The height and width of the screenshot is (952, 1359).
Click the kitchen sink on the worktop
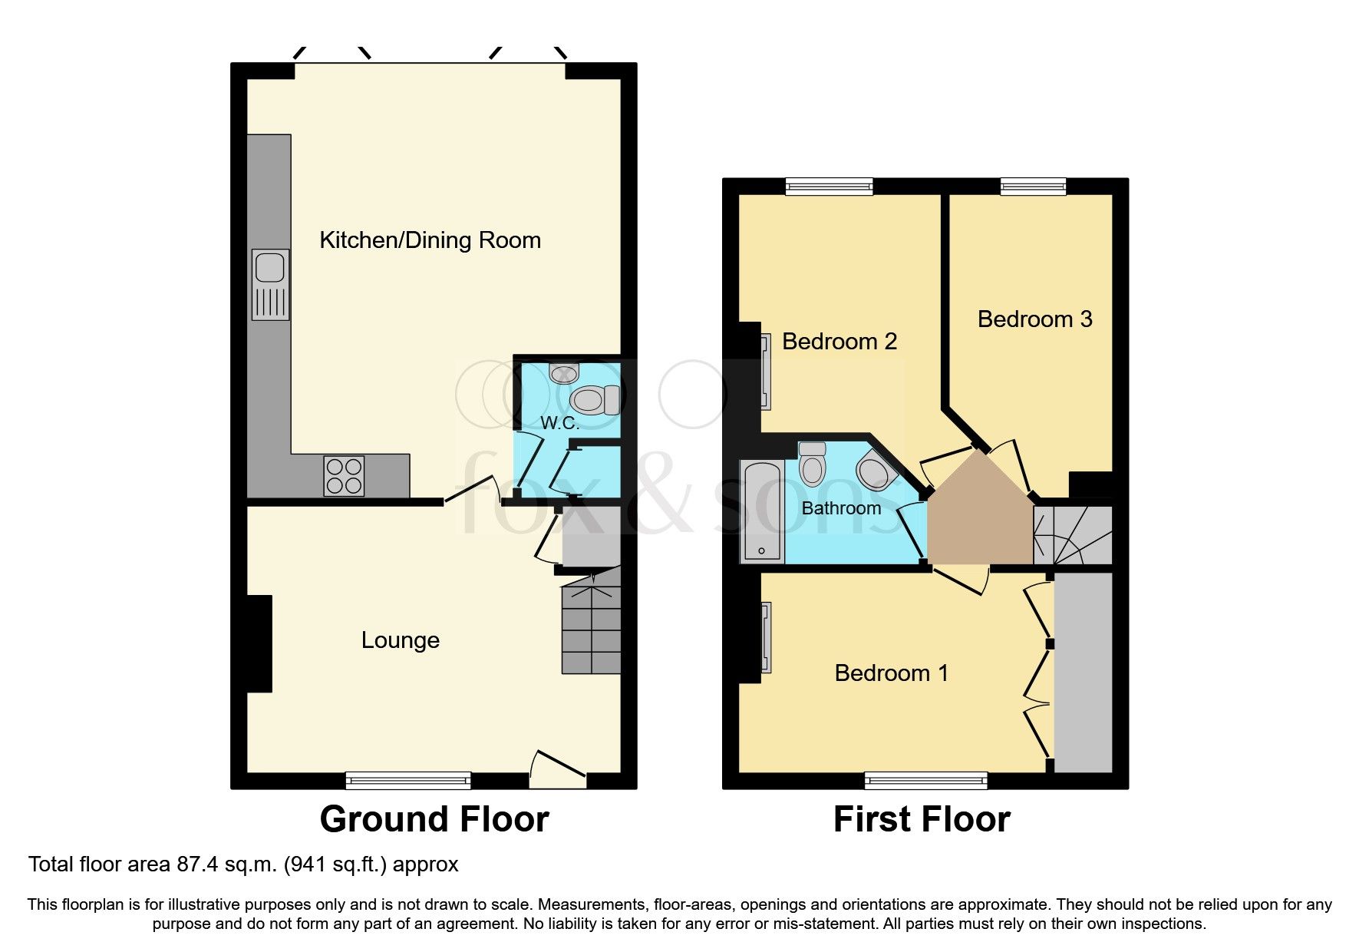(270, 283)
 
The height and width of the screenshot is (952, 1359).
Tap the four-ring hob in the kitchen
(344, 475)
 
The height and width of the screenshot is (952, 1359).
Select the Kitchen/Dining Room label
(430, 240)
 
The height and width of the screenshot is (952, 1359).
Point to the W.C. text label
(559, 423)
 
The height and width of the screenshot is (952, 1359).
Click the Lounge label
(400, 640)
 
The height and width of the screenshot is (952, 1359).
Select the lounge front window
(407, 780)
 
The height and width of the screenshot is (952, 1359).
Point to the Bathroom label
(841, 508)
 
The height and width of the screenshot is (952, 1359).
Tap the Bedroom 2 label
(839, 342)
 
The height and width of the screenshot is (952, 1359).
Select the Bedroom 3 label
(1034, 319)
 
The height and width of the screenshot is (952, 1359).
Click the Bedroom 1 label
(891, 673)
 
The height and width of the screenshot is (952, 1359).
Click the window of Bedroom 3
(1033, 186)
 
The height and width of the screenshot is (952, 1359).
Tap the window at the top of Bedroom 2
(829, 186)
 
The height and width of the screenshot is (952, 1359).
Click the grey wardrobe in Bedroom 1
(1083, 672)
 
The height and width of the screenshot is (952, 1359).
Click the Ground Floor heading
(434, 819)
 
